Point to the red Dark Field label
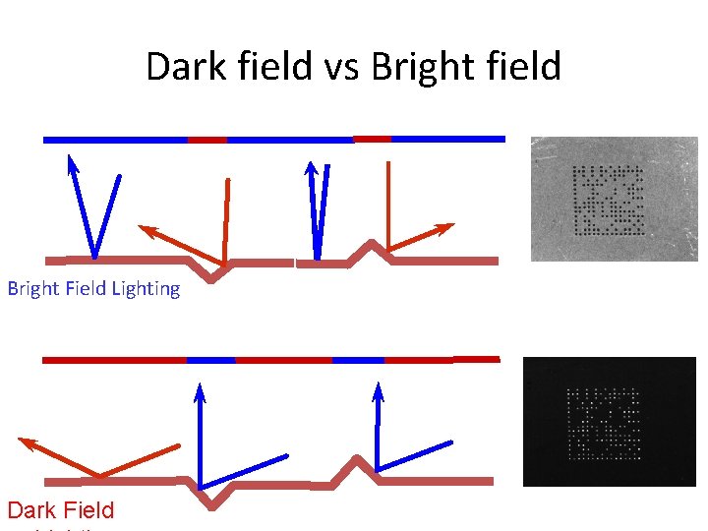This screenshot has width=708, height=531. coord(61,510)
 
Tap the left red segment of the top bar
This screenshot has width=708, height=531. coord(206,140)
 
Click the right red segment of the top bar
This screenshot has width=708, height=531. coord(372,139)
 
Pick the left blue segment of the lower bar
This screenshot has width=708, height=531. coord(210,360)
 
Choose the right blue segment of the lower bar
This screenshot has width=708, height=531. coord(358,360)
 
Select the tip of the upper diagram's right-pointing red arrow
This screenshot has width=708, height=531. coord(451,226)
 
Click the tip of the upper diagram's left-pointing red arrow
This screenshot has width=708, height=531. coord(141,228)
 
